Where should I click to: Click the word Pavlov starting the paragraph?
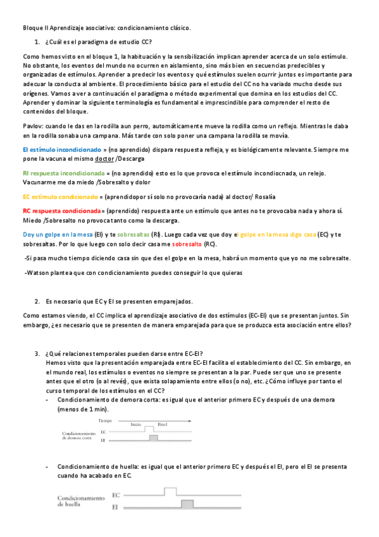point(32,127)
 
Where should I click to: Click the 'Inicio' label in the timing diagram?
point(137,425)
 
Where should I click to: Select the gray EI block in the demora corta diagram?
point(152,437)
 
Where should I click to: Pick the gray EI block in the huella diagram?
point(187,505)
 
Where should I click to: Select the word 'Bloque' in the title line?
point(33,28)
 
